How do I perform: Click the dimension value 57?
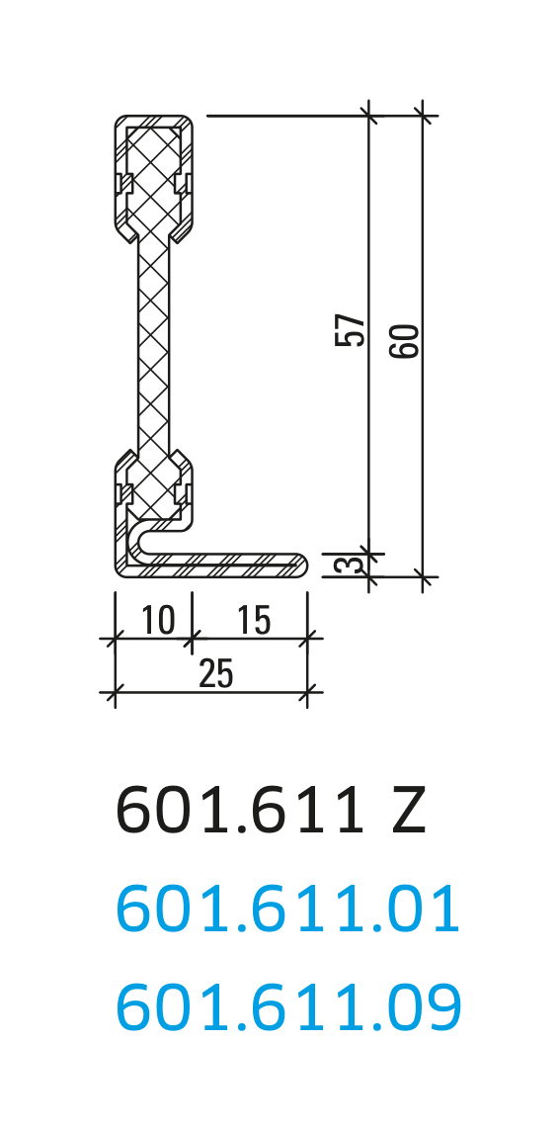(x=351, y=329)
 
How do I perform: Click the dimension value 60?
(x=405, y=340)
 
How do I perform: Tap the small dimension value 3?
(x=343, y=565)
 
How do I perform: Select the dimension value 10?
(x=158, y=621)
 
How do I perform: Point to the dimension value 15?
(x=254, y=621)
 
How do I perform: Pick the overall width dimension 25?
(x=216, y=674)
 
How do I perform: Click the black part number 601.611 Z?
(x=271, y=812)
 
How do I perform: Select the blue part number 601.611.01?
(x=287, y=911)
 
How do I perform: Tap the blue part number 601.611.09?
(x=288, y=1008)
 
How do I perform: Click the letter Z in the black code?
(x=408, y=812)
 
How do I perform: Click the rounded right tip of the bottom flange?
(x=302, y=565)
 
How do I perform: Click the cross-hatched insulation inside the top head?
(x=153, y=173)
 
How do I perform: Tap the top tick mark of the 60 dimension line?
(x=423, y=116)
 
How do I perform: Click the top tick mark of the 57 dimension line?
(x=369, y=116)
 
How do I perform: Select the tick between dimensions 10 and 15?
(x=192, y=639)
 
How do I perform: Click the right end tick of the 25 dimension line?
(x=308, y=692)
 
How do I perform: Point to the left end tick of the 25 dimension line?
(x=116, y=692)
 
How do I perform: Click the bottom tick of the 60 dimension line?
(x=423, y=575)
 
